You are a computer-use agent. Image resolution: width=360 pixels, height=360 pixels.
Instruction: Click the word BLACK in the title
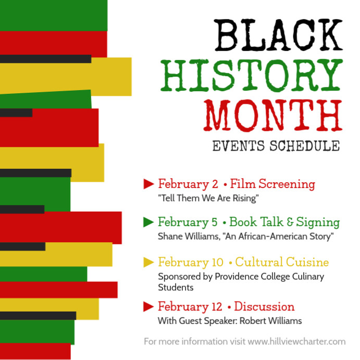(279, 35)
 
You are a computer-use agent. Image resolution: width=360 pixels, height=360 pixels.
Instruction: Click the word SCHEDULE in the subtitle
(305, 146)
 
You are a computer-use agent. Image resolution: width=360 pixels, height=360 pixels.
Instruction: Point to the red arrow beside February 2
(148, 183)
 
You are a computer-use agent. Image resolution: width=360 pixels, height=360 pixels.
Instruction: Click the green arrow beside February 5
(148, 222)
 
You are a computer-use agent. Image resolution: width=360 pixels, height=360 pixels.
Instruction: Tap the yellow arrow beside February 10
(148, 262)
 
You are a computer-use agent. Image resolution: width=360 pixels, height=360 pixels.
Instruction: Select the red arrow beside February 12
(148, 306)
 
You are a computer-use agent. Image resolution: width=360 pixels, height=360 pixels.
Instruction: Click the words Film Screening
(272, 184)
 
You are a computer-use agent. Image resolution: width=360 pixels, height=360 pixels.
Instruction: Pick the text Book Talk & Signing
(284, 222)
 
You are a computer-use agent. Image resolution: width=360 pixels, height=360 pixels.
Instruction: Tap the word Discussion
(264, 306)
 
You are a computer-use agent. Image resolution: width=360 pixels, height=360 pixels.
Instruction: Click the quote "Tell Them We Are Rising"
(208, 198)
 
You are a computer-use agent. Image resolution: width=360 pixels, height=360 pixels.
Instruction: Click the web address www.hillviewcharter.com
(296, 342)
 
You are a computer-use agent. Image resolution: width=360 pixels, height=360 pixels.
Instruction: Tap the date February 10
(191, 262)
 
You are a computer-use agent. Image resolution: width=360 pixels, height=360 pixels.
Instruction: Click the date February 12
(190, 306)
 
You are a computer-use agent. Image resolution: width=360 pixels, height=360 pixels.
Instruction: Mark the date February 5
(188, 222)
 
